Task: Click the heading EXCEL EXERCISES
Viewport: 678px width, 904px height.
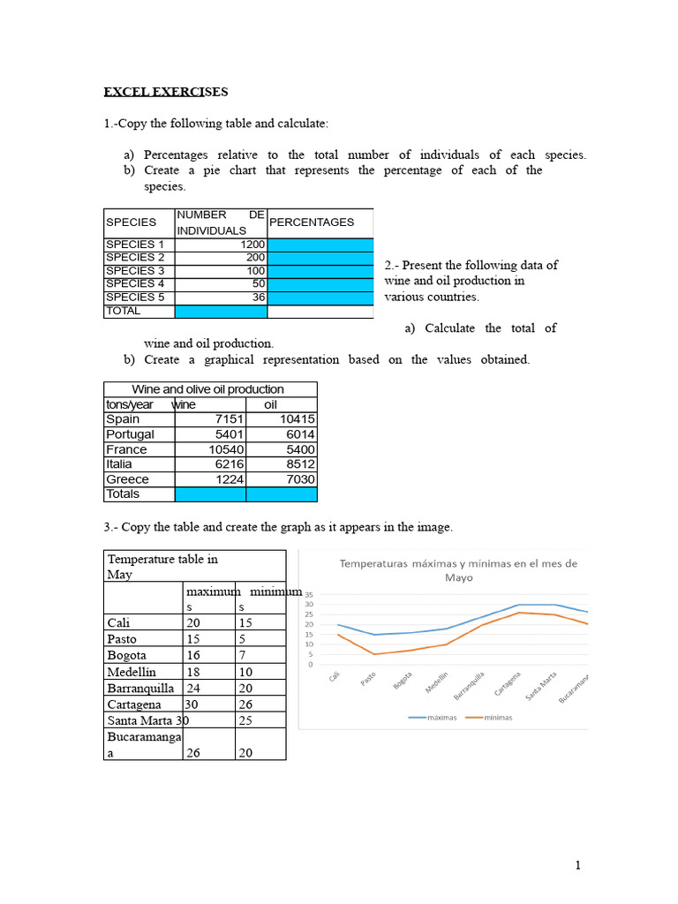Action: pyautogui.click(x=166, y=92)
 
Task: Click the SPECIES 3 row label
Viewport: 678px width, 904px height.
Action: pyautogui.click(x=135, y=271)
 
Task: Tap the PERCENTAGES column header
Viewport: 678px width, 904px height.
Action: pyautogui.click(x=312, y=222)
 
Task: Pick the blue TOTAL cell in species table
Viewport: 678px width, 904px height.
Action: pyautogui.click(x=221, y=312)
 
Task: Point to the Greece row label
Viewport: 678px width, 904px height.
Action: pyautogui.click(x=127, y=479)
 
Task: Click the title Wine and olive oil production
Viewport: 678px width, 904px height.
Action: pyautogui.click(x=208, y=389)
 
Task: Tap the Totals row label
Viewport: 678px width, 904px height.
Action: pyautogui.click(x=123, y=494)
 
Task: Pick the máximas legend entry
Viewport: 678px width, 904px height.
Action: pyautogui.click(x=433, y=718)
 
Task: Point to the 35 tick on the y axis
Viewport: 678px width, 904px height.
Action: pyautogui.click(x=310, y=595)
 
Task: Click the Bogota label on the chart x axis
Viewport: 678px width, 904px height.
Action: pyautogui.click(x=403, y=683)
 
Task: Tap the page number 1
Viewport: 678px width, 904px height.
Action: pyautogui.click(x=577, y=866)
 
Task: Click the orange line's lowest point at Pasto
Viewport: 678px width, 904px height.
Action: pyautogui.click(x=373, y=654)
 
